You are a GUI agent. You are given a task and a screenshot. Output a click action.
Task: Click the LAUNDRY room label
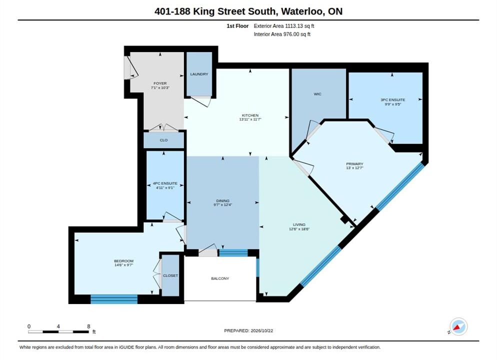pos(199,74)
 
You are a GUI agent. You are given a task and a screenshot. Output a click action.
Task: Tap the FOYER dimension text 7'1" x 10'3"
pos(160,88)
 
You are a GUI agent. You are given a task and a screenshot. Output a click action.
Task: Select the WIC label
pos(317,94)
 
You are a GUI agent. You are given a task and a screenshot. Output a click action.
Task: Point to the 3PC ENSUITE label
pos(392,100)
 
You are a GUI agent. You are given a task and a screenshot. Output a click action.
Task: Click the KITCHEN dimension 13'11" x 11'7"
pos(250,119)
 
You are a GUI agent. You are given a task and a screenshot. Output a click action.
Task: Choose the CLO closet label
pos(163,140)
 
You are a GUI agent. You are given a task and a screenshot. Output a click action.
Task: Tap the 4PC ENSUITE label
pos(165,183)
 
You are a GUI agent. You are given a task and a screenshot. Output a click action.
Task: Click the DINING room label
pos(223,201)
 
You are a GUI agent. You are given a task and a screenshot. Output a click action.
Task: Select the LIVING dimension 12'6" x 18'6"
pos(299,229)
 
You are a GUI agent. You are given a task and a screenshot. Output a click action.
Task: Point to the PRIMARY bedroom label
pos(354,164)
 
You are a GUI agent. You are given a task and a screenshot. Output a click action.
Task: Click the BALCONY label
pos(220,278)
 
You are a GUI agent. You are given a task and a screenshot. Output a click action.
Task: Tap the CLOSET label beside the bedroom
pos(170,275)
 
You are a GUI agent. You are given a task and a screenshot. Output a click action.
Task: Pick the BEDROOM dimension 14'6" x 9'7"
pos(123,265)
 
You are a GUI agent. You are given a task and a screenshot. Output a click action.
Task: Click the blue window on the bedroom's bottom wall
pos(114,299)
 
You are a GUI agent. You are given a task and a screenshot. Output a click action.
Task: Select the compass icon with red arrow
pos(458,326)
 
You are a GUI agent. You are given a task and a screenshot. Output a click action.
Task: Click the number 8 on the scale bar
pos(88,326)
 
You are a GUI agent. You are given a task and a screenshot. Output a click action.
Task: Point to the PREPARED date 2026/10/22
pos(262,330)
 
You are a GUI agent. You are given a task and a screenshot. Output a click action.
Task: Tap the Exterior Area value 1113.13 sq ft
pos(299,26)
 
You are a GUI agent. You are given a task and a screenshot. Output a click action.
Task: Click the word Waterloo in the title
pos(302,11)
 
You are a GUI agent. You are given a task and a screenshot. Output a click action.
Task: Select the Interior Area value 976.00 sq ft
pos(296,34)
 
